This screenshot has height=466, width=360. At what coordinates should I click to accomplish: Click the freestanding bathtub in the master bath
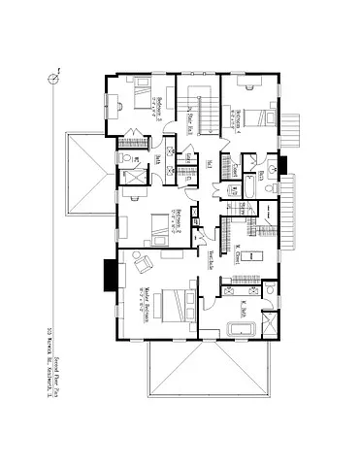coord(240,328)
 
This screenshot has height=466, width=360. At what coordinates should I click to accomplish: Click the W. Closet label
coord(238,256)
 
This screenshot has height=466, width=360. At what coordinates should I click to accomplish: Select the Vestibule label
coord(211,260)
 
